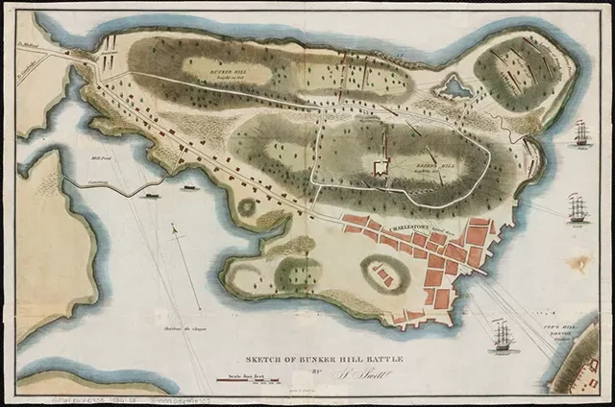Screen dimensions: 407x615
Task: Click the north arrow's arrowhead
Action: [173, 227]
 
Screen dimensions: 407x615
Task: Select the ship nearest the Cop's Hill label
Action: [502, 335]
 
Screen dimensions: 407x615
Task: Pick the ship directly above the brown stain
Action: [578, 207]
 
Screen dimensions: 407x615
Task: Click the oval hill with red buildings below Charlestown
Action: [383, 276]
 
